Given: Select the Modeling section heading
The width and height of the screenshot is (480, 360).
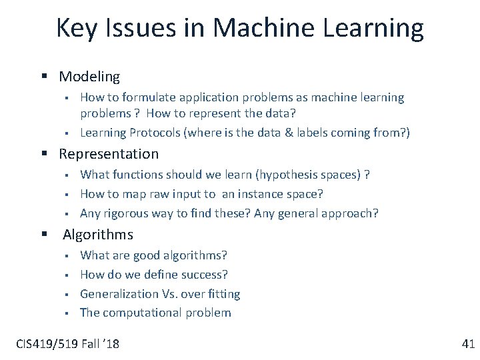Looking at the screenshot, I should click(89, 77).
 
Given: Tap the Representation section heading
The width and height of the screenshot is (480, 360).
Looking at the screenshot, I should click(109, 154).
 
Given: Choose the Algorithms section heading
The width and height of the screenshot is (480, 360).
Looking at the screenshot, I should click(98, 235).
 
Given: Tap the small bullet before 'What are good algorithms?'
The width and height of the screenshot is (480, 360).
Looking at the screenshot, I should click(68, 256).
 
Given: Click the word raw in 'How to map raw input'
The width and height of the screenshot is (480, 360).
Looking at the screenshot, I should click(171, 194).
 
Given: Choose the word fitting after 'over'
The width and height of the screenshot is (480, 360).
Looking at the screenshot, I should click(223, 294).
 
